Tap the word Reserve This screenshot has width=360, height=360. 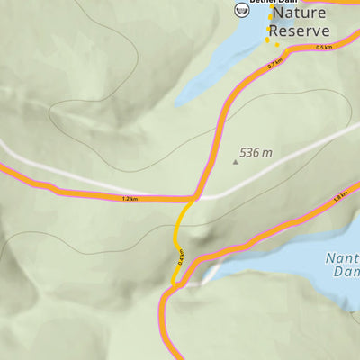pos(300,31)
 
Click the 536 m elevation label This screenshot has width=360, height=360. pos(256,153)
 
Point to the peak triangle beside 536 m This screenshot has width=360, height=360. pos(236,162)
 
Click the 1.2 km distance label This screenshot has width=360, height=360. pos(130,197)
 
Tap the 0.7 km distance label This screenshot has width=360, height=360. pos(275,64)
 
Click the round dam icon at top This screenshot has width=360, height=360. pos(241,10)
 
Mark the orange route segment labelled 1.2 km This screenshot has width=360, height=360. pos(90,193)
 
